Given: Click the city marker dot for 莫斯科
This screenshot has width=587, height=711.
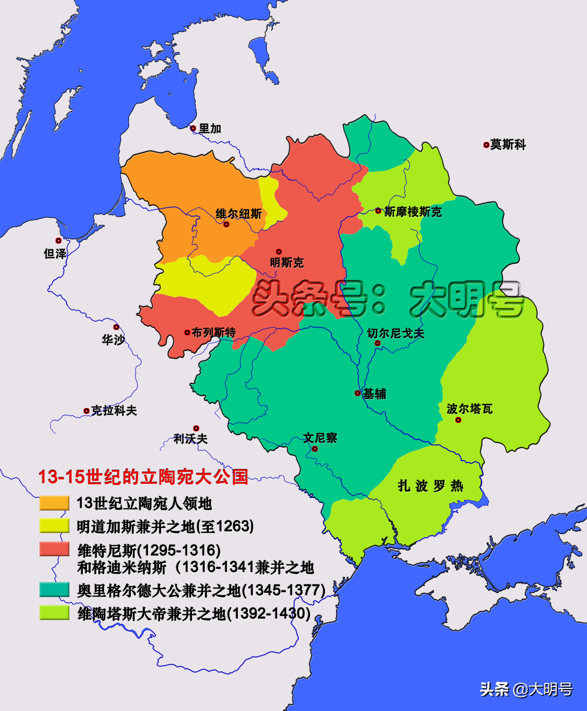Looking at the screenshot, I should click(486, 145).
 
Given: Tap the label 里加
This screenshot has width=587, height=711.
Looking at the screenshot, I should click(210, 129).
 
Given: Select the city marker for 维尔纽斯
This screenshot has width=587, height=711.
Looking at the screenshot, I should click(227, 224).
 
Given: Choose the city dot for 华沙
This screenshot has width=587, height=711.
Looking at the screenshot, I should click(116, 327).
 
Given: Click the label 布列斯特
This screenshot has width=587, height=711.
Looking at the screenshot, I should click(214, 333).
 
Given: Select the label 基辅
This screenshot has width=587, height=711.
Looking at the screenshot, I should click(374, 394).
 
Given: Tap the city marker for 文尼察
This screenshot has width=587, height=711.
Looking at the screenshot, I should click(315, 449).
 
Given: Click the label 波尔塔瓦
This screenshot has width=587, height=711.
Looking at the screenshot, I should click(469, 409).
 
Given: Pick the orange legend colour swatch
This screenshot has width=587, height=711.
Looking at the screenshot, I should click(54, 503).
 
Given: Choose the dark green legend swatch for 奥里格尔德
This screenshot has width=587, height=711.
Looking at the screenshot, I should click(54, 589).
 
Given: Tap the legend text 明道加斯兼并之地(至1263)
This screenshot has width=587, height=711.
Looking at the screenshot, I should click(165, 526).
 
